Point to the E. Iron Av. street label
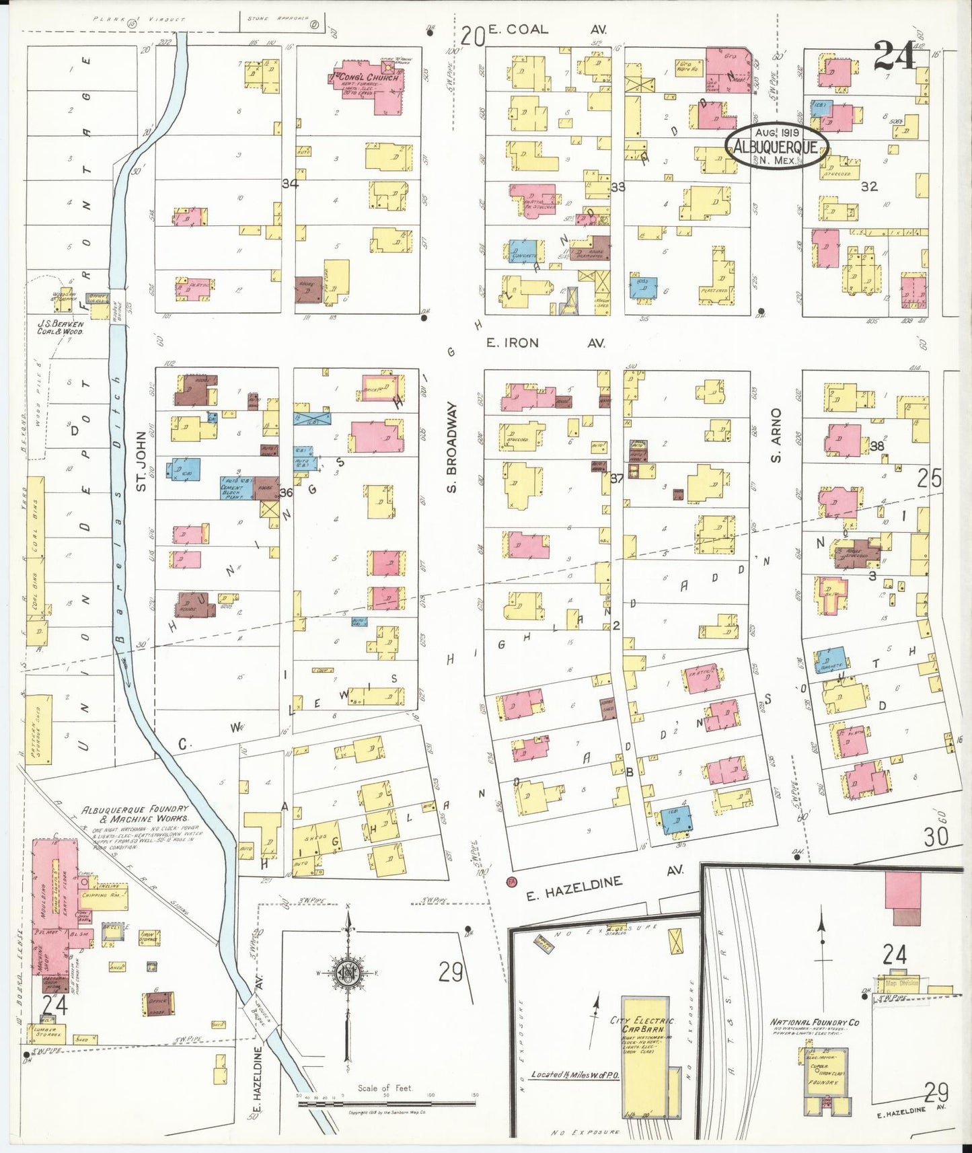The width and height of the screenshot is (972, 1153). point(546,343)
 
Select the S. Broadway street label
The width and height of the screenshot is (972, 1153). point(451,448)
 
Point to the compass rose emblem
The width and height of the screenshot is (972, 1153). point(348,973)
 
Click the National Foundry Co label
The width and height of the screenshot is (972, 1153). point(815,1022)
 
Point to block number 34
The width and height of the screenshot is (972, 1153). point(290,183)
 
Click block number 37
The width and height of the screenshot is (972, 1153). point(617,478)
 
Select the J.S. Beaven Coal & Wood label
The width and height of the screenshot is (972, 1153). point(60,328)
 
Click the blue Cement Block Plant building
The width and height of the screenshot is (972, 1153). point(237,488)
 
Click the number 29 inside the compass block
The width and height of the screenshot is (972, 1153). point(451,972)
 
